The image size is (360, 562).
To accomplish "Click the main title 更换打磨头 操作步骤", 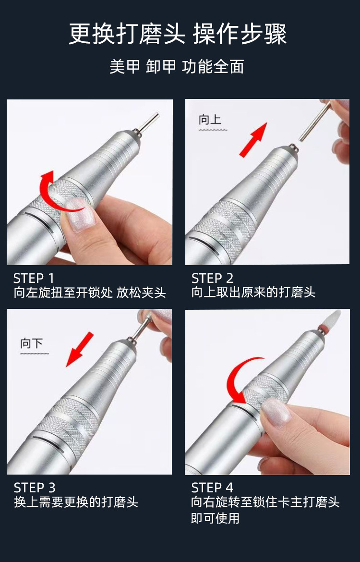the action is point(178,35).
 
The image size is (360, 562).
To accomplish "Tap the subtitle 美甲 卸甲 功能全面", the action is point(177,67).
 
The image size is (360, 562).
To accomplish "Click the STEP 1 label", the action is point(34,278).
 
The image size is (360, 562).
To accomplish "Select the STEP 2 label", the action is point(213,278).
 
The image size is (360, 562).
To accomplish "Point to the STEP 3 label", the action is point(35,488).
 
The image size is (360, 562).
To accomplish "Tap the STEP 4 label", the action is point(212,488).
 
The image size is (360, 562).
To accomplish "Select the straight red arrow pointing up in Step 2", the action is point(253,139).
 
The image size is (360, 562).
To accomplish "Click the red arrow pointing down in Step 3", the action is point(80,350).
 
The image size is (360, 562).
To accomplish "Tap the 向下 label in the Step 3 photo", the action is point(32,343).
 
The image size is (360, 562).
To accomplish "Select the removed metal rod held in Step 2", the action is point(315,121).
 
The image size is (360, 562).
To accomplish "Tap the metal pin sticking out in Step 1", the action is point(147,122).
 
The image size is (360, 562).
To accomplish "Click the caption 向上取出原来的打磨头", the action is point(253,293).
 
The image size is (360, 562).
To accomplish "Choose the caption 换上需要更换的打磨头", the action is point(76,502).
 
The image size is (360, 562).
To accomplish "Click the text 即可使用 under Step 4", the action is point(216,518).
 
